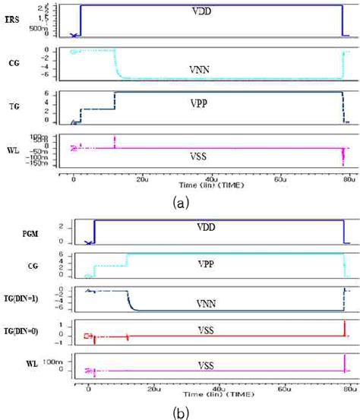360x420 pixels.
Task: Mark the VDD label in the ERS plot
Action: pyautogui.click(x=203, y=12)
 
